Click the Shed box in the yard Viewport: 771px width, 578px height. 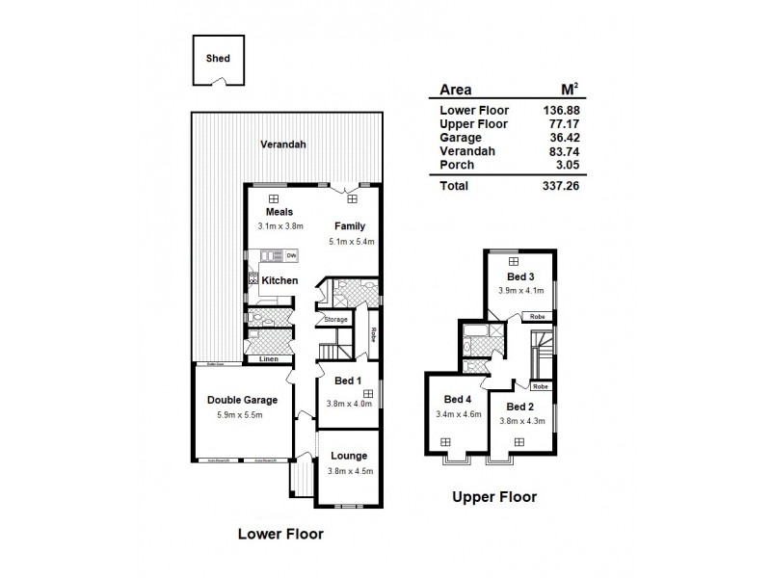click(217, 59)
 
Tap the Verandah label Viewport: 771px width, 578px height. click(282, 144)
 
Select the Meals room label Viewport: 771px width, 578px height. click(279, 212)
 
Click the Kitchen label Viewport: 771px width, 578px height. click(279, 280)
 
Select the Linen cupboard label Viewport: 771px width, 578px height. click(271, 359)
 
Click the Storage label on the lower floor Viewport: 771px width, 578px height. click(335, 319)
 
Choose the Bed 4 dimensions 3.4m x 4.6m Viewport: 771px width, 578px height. click(457, 414)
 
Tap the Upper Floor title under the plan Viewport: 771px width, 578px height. click(494, 497)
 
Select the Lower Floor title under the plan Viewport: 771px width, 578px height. click(280, 533)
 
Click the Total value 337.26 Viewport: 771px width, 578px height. click(559, 186)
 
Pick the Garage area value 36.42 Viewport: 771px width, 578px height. click(561, 138)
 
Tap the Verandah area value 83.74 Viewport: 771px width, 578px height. click(561, 151)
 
